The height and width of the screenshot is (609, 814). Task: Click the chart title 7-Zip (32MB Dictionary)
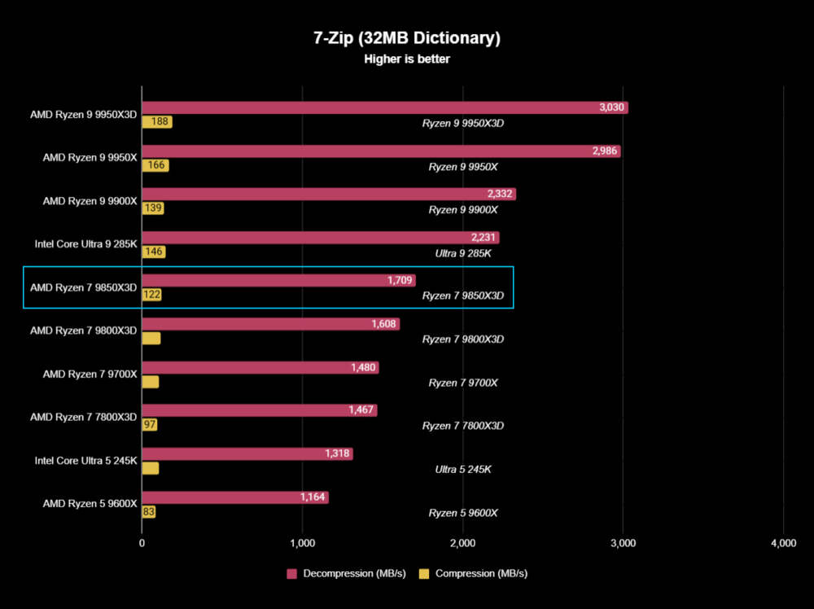tap(406, 38)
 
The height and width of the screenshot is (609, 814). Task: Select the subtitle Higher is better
tap(406, 59)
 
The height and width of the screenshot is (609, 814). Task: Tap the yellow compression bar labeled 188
tap(156, 122)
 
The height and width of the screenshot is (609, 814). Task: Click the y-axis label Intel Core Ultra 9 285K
tap(85, 243)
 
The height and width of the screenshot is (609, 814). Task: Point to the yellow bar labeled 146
tap(153, 252)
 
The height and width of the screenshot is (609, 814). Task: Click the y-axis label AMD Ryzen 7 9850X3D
tap(83, 287)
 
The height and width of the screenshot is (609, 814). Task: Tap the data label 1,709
tap(400, 281)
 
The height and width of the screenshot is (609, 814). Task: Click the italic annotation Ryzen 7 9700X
tap(462, 383)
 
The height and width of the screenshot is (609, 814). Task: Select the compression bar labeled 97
tap(150, 425)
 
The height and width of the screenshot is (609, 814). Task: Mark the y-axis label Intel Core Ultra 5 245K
tap(85, 461)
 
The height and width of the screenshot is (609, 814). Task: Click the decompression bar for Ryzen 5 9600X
tap(235, 497)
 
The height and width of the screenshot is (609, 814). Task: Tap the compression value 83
tap(148, 512)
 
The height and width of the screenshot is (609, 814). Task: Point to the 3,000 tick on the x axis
tap(623, 543)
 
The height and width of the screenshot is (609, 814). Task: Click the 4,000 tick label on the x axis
tap(782, 543)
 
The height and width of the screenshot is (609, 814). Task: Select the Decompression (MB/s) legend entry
tap(346, 573)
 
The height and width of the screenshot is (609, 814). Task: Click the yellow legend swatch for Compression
tap(424, 573)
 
